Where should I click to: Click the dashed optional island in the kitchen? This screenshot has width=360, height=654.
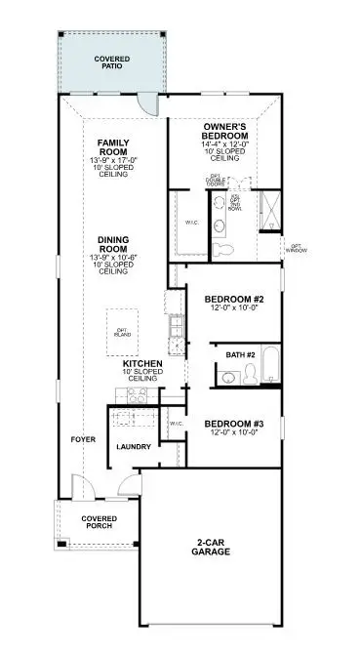point(122,333)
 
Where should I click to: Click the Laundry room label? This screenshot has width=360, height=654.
point(133,447)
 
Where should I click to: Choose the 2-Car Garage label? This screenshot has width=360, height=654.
point(211,547)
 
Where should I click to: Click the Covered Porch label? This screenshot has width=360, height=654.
point(99,522)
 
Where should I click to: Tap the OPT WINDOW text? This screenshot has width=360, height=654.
point(298,249)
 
